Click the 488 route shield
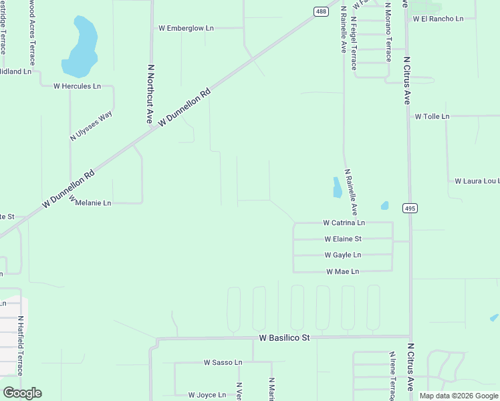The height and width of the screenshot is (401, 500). pos(322,11)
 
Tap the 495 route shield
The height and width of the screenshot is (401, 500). pos(410,209)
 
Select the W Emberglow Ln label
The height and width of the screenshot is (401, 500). pos(186,28)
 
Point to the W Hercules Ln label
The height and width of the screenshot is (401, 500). pos(77,86)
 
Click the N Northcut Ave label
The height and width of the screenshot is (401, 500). pos(150,94)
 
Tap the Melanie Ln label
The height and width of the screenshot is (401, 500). pos(93,203)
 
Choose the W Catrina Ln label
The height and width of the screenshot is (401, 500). pos(344,223)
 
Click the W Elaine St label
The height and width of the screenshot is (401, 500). pos(343,239)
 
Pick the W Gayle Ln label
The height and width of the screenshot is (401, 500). pos(343,255)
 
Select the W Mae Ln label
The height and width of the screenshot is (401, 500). pos(343,271)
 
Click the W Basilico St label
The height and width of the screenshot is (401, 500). pos(284,338)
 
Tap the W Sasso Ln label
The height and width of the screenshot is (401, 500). pos(223,362)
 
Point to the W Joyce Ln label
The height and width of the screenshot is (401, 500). pos(207,395)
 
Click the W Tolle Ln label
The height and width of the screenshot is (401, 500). pos(432,116)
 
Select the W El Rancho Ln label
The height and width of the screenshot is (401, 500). pos(438,19)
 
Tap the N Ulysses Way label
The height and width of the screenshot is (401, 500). pos(92,126)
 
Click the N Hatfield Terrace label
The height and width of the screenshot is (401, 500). pos(21,346)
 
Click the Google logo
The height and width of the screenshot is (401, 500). pos(22,393)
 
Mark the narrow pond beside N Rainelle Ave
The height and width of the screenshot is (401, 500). pos(337,188)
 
